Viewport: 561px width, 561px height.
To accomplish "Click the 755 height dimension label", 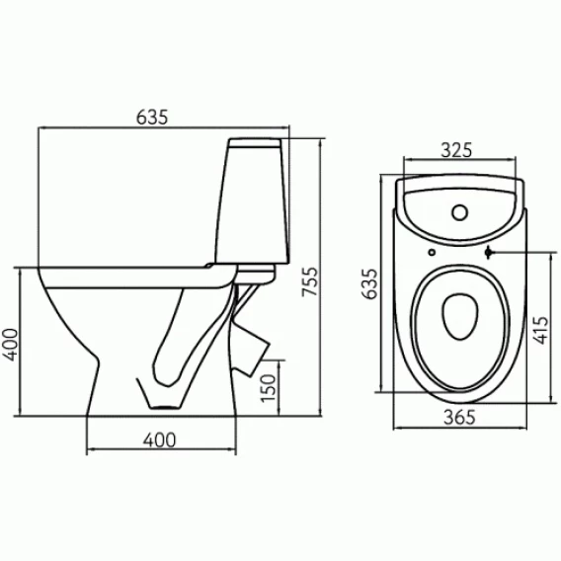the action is click(x=310, y=281).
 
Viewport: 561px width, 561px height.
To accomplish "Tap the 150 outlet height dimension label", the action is click(x=269, y=388).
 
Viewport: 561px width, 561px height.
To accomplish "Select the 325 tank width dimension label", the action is click(x=456, y=150).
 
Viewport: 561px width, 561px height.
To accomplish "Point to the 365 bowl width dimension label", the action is click(x=459, y=417).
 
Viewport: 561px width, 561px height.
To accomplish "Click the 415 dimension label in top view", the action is click(x=540, y=330).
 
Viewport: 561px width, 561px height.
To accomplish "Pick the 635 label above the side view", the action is click(x=152, y=117).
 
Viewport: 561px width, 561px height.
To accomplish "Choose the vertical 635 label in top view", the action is click(x=369, y=283).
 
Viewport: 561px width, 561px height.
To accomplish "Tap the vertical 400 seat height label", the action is click(x=10, y=345).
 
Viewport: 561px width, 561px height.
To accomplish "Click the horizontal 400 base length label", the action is click(x=160, y=441).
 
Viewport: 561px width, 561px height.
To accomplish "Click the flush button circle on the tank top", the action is click(x=459, y=212).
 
